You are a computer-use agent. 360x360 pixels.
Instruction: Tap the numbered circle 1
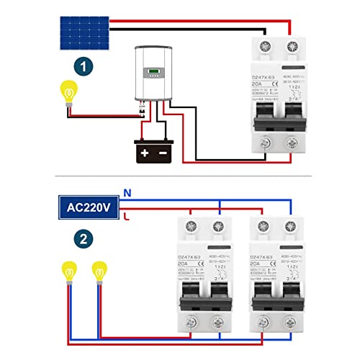[86, 69]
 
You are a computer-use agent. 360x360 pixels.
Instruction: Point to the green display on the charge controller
[155, 71]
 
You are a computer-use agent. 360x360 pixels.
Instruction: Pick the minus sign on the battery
[163, 153]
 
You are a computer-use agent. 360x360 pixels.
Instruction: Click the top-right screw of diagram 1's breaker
[292, 48]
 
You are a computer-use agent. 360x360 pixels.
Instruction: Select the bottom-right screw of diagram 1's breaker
[292, 144]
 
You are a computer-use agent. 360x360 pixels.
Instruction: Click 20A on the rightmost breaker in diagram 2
[255, 265]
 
